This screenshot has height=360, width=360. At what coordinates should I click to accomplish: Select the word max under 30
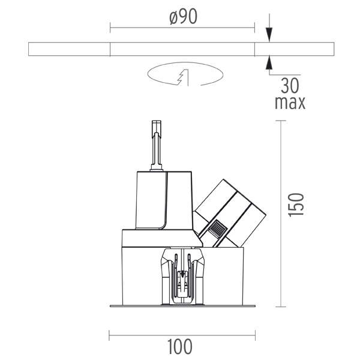(290, 102)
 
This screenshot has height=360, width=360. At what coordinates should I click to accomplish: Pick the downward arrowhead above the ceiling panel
(268, 36)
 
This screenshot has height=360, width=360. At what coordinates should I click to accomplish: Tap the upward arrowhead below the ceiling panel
(268, 61)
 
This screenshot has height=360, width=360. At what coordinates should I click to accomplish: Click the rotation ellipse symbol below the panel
(184, 75)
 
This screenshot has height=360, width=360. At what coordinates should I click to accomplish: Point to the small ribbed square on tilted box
(217, 230)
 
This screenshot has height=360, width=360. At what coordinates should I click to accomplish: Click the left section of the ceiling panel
(69, 49)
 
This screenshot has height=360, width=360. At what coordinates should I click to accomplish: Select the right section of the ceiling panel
(295, 49)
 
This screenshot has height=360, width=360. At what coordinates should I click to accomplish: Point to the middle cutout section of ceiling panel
(182, 49)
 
